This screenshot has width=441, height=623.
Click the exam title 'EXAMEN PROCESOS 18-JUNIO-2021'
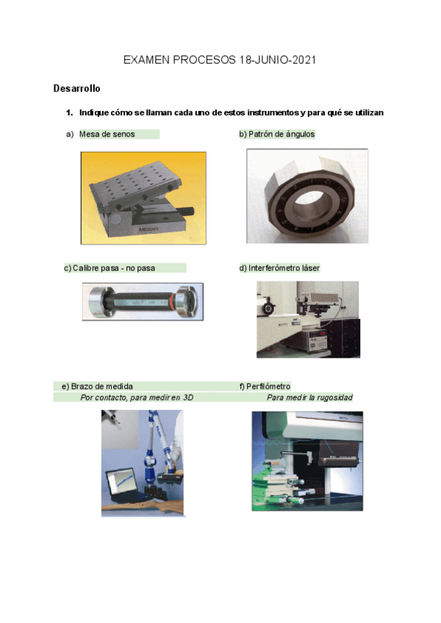(x=220, y=60)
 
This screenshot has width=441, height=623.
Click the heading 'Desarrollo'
(x=76, y=88)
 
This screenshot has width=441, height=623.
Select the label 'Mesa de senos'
(x=107, y=134)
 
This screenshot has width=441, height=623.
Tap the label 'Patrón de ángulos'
(x=282, y=134)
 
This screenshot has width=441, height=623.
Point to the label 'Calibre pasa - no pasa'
(x=114, y=268)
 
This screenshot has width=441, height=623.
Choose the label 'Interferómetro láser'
(x=284, y=268)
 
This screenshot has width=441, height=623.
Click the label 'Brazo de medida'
(x=102, y=386)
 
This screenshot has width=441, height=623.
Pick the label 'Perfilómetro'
(x=268, y=386)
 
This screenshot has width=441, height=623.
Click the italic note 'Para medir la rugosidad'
(x=309, y=397)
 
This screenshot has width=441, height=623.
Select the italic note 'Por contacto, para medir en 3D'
(x=137, y=397)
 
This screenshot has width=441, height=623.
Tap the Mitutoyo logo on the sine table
(x=148, y=229)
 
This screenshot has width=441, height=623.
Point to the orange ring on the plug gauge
(x=171, y=301)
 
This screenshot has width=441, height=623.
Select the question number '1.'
(x=70, y=112)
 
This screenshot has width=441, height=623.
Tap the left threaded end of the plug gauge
(x=96, y=301)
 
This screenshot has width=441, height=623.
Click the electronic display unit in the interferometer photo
(x=317, y=341)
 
